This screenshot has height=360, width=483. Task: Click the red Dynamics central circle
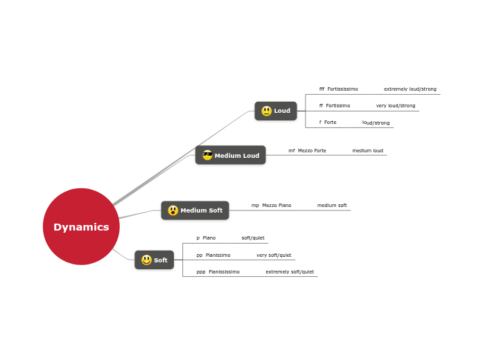click(81, 226)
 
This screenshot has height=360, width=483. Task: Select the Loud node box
click(276, 111)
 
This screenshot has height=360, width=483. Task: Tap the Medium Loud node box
click(231, 155)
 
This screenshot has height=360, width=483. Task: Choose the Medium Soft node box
click(195, 210)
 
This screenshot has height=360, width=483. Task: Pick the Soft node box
click(154, 260)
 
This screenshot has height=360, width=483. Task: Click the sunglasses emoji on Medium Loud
click(207, 155)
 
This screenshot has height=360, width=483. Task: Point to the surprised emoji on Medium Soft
click(173, 210)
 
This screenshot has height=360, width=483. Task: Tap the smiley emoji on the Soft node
click(146, 260)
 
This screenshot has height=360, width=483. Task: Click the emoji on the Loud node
click(267, 111)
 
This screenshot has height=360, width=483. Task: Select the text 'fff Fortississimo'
click(338, 89)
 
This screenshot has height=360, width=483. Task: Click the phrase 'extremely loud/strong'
click(410, 89)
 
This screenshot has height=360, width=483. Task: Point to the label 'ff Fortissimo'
click(334, 106)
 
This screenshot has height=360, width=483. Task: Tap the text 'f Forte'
click(328, 123)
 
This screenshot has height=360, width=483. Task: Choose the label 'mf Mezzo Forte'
click(307, 150)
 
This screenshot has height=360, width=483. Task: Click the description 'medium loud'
click(367, 150)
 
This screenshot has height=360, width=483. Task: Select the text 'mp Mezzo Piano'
click(271, 206)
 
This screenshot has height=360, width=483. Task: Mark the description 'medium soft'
click(332, 206)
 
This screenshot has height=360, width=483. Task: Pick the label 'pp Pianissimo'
click(213, 255)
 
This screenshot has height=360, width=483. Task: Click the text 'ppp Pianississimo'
click(218, 272)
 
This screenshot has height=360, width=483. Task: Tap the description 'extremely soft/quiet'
click(290, 272)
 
